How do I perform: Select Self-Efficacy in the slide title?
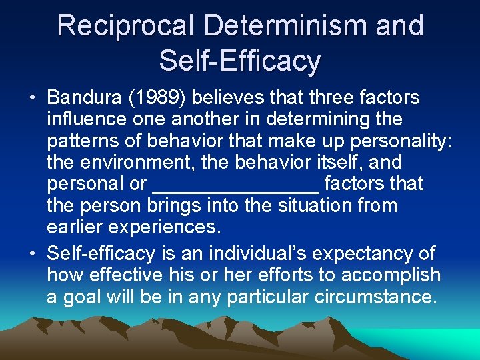(240, 61)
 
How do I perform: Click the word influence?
(87, 119)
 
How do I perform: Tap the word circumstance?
(371, 297)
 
